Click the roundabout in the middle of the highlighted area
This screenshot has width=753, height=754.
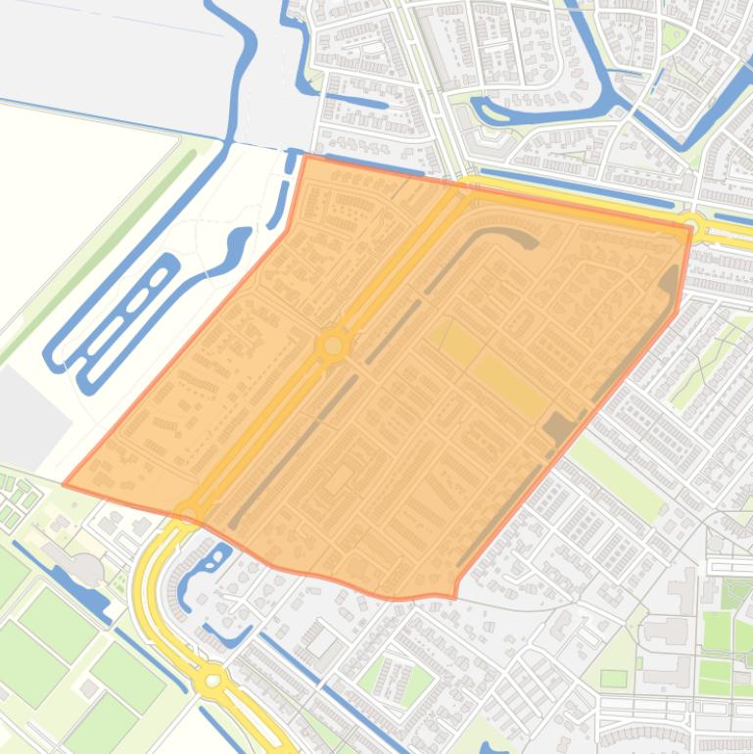334,346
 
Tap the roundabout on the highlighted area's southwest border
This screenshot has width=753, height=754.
188,514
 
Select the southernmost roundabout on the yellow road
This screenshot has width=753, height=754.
212,677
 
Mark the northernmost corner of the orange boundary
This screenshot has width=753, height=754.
306,156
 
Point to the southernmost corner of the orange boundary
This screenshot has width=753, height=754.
454,596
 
